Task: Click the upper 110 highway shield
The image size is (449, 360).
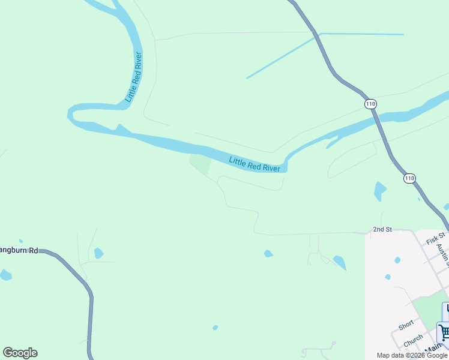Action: point(370,104)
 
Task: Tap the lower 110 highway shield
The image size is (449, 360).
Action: point(409,178)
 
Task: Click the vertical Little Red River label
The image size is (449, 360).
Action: point(133,77)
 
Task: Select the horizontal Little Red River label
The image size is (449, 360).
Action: point(255,164)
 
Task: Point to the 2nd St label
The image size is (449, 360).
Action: point(382,229)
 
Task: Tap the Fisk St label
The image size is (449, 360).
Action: point(436,238)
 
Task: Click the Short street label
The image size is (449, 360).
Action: point(406,325)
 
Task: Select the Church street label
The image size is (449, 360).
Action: point(413,340)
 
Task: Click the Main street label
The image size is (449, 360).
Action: point(433,349)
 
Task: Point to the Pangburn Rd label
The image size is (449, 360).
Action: point(19,250)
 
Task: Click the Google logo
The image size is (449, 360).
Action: point(20,353)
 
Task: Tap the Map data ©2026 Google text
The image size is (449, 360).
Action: point(412,355)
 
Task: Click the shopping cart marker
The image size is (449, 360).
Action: point(444,332)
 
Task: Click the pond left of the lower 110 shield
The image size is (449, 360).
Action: point(379,191)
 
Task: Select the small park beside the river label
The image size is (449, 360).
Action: point(200,164)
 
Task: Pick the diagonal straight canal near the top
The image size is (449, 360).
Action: point(281,58)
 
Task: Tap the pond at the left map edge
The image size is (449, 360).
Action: point(5,275)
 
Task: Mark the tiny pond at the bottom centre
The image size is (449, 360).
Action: point(215,328)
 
